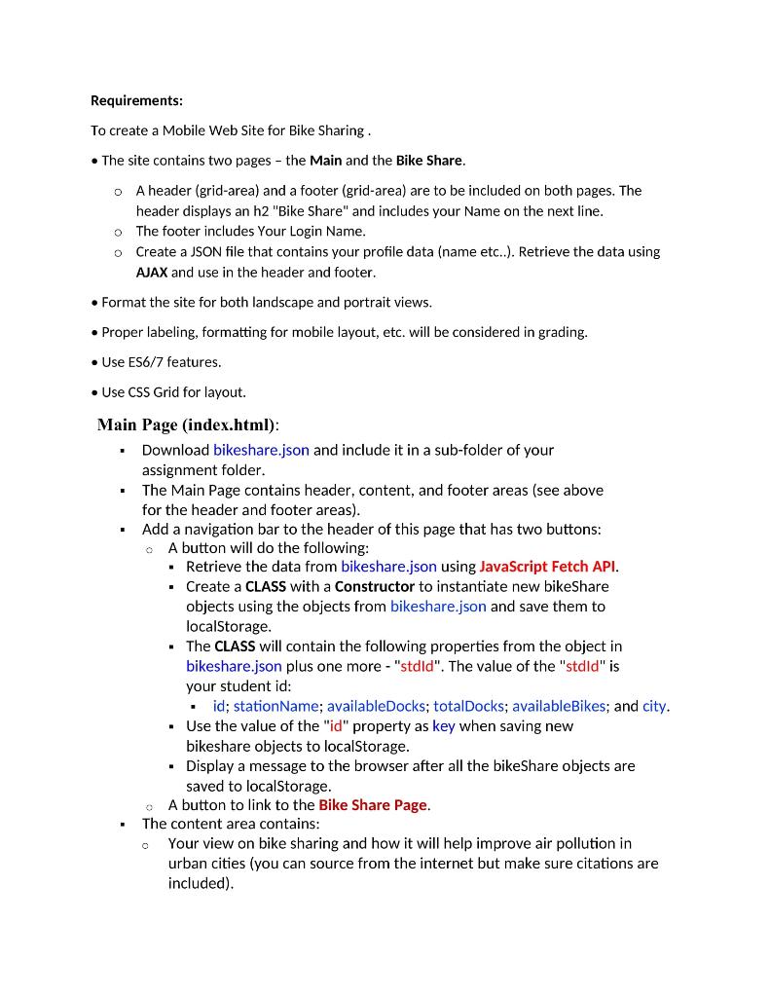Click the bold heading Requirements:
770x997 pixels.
point(136,100)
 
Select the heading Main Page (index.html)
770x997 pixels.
point(188,425)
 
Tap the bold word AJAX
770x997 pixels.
point(152,273)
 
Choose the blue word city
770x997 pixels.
point(654,706)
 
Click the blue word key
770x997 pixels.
point(443,726)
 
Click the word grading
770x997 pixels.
point(563,332)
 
